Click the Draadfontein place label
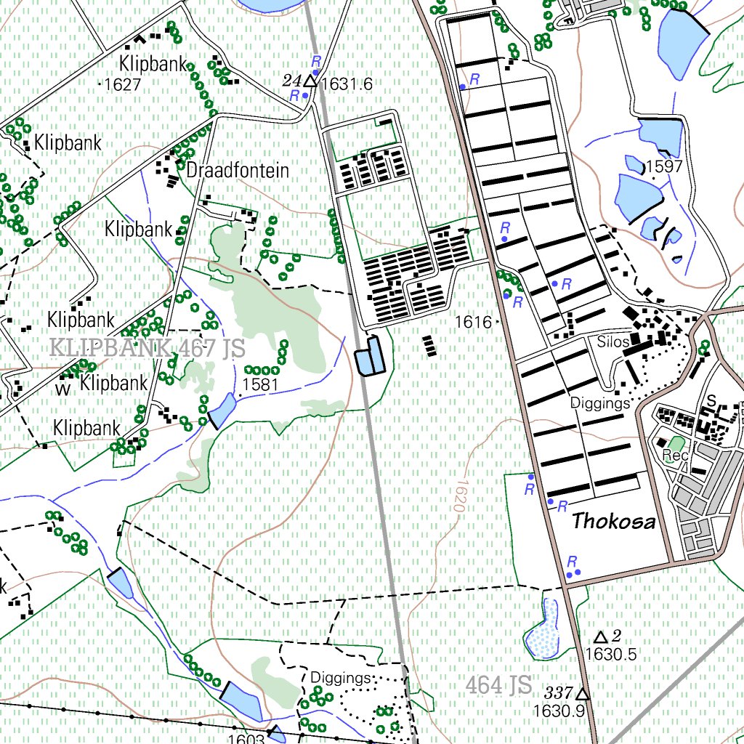point(238,171)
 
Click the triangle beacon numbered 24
point(310,81)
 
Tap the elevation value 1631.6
point(347,84)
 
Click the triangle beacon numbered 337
point(581,694)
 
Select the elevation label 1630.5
point(610,654)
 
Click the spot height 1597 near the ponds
point(664,166)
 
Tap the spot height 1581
point(260,384)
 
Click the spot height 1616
point(474,321)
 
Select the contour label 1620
point(458,496)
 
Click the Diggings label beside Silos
point(599,403)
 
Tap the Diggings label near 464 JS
point(340,677)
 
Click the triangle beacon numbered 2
point(600,637)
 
